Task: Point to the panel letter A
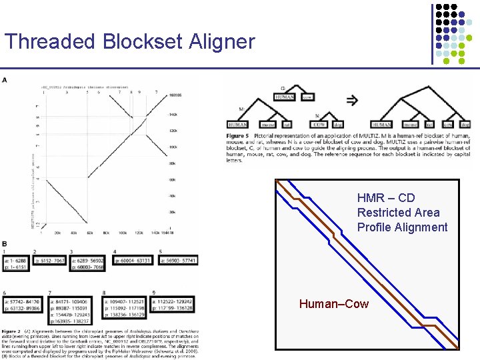click(5, 80)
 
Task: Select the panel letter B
click(5, 244)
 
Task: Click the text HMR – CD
click(386, 198)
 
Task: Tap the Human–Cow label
click(333, 304)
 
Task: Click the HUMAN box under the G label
click(287, 97)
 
